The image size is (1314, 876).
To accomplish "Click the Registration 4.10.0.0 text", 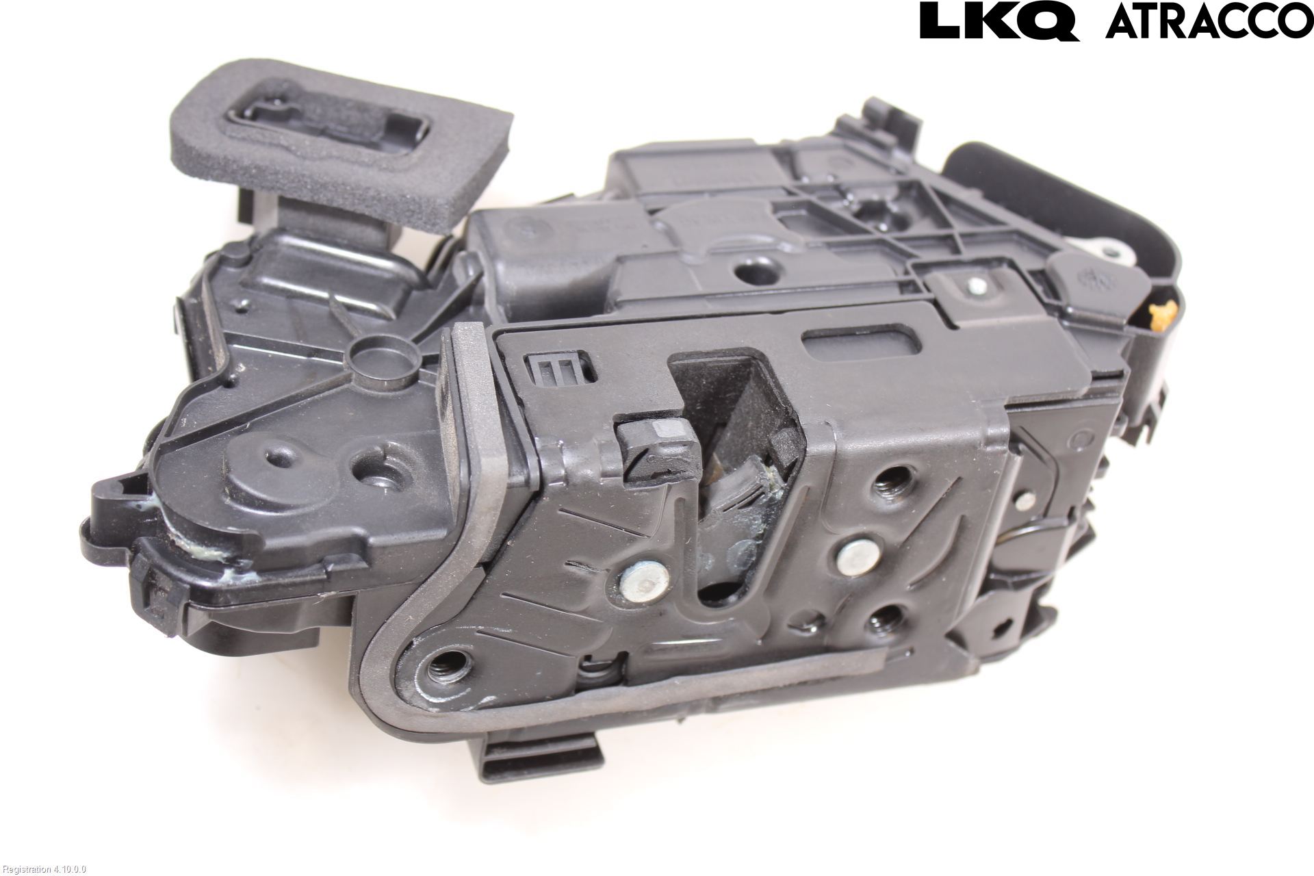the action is [43, 869].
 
